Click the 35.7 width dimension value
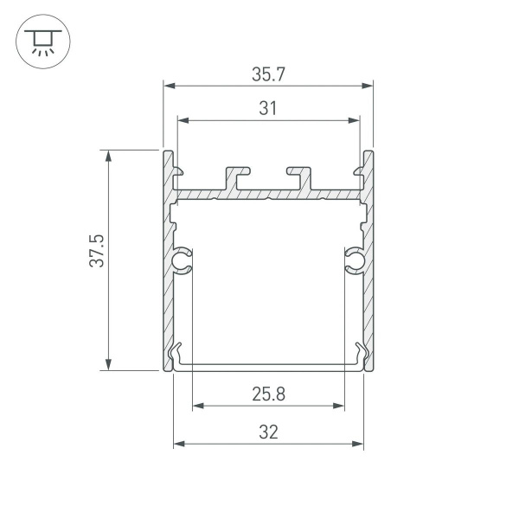click(x=268, y=74)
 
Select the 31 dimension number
click(x=268, y=108)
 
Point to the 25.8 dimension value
click(x=268, y=394)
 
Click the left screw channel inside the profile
click(x=182, y=260)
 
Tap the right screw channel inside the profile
click(x=355, y=260)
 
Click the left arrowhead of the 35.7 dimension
click(x=169, y=86)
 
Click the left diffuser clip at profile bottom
click(x=178, y=355)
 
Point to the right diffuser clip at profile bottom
click(x=359, y=355)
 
